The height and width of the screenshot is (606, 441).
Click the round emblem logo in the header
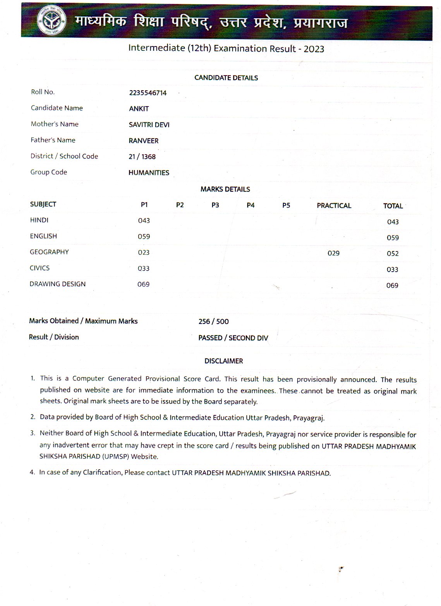point(51,21)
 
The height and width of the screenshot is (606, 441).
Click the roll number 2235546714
point(148,93)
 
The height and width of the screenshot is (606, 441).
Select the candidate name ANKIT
point(139,109)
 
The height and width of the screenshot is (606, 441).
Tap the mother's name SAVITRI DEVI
point(149,125)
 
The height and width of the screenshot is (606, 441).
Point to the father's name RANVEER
point(144,141)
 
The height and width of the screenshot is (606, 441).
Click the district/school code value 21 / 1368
point(142,157)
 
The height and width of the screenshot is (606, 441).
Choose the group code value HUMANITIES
point(149,173)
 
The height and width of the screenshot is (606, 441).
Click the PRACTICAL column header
point(334,205)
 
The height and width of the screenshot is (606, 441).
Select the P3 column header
point(215,205)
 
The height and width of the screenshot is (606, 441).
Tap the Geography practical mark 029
point(333,253)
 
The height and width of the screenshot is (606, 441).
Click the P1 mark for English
point(144,236)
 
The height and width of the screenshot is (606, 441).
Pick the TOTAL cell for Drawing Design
point(392,286)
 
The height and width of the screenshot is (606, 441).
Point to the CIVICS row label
point(39,268)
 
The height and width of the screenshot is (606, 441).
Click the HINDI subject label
point(39,220)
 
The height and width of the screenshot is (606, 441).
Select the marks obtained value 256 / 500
point(213,322)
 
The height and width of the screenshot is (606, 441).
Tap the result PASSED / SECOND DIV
point(233,338)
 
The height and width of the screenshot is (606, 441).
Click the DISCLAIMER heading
point(224,361)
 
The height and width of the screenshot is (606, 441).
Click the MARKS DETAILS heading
point(225,189)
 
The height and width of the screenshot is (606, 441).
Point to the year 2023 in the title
point(314,49)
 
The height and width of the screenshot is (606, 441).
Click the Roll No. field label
point(43,92)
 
